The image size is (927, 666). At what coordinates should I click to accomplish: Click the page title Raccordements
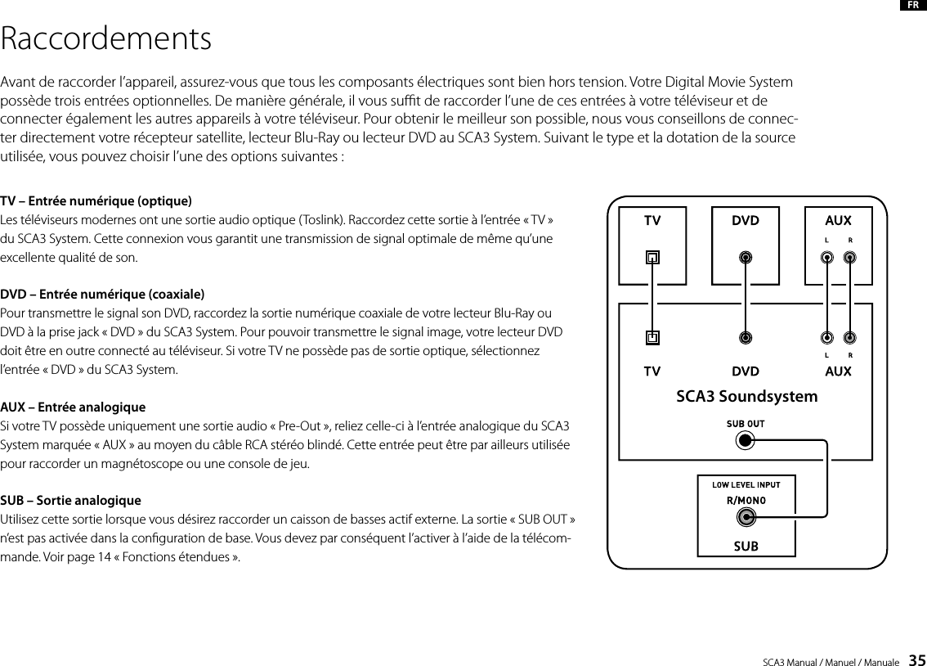106,38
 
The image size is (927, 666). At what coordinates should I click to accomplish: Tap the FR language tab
911,6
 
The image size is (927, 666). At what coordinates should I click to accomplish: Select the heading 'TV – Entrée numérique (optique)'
96,200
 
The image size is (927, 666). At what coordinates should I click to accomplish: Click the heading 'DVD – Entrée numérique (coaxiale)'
102,294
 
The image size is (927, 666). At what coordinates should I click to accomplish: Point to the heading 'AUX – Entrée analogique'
73,407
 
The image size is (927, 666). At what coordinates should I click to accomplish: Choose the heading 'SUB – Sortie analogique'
70,500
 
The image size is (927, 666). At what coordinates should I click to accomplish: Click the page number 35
917,659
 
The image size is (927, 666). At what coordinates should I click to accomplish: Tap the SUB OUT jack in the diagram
745,441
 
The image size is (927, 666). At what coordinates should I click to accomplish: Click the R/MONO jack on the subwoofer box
746,518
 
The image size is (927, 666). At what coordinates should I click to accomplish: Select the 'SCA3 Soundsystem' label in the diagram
746,397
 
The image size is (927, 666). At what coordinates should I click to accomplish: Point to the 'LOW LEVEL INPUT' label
746,485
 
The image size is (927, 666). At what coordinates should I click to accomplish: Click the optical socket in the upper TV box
652,258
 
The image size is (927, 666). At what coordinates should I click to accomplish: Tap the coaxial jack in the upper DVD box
746,258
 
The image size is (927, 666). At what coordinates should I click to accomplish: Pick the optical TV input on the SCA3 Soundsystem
652,336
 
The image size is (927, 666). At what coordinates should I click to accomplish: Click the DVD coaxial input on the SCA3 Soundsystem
746,336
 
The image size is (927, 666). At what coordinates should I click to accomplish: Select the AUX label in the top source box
838,221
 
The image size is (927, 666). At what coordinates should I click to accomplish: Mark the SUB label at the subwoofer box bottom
746,545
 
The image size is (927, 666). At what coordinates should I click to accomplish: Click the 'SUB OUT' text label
745,424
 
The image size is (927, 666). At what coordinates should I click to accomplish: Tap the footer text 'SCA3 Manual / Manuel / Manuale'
831,660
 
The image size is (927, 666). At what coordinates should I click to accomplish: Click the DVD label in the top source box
745,221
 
